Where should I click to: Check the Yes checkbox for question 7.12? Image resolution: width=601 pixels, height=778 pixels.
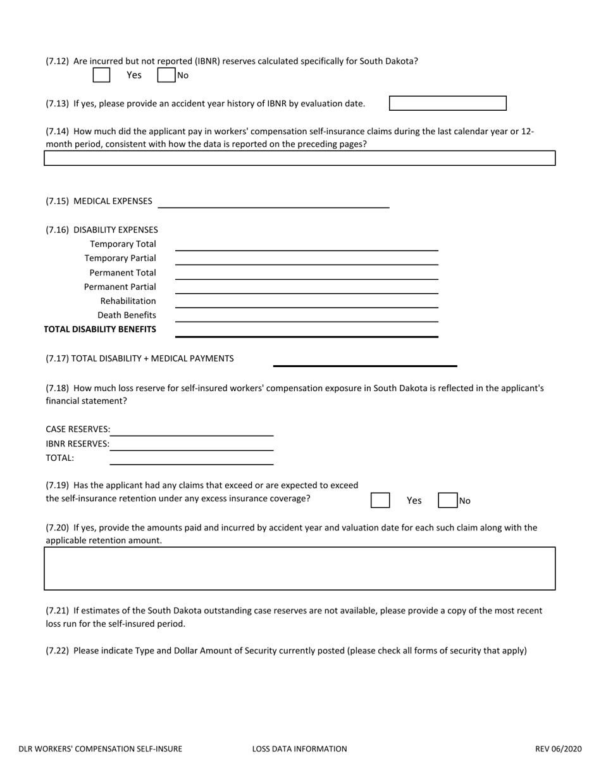coord(101,75)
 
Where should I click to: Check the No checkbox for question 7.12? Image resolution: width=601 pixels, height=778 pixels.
coord(166,75)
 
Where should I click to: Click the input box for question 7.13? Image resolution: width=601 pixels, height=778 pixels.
coord(447,103)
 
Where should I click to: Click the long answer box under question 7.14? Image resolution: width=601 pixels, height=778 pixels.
coord(299,158)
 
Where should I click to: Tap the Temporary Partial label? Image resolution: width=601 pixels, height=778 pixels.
coord(120,258)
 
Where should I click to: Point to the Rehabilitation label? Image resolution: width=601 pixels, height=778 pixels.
coord(128,301)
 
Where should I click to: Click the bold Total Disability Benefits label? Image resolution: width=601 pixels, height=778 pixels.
coord(100,329)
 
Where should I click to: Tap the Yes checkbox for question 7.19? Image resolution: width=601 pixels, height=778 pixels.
coord(380,500)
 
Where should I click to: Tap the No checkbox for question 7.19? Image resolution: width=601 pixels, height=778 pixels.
coord(447,500)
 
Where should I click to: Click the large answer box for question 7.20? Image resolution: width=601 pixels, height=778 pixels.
coord(299,568)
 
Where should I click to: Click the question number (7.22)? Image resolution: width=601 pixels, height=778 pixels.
coord(57,650)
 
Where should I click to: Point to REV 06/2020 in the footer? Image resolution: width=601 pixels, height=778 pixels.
coord(558,749)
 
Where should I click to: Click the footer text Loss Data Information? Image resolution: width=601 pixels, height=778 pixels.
coord(299,749)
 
